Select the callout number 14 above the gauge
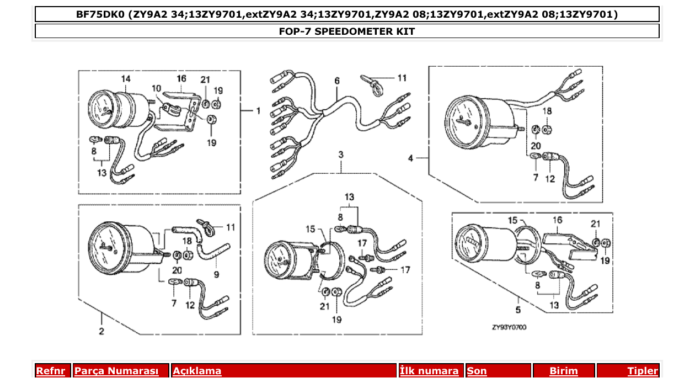126,79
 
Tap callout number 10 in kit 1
157,88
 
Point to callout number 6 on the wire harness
336,81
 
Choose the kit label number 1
258,111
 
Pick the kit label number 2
101,331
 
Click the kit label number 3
341,155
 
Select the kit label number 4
410,158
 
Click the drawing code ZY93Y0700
509,327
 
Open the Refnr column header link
50,371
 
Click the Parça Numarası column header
116,371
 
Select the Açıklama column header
197,371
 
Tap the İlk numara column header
429,371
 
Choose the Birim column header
563,371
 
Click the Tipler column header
642,371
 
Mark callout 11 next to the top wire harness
402,78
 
